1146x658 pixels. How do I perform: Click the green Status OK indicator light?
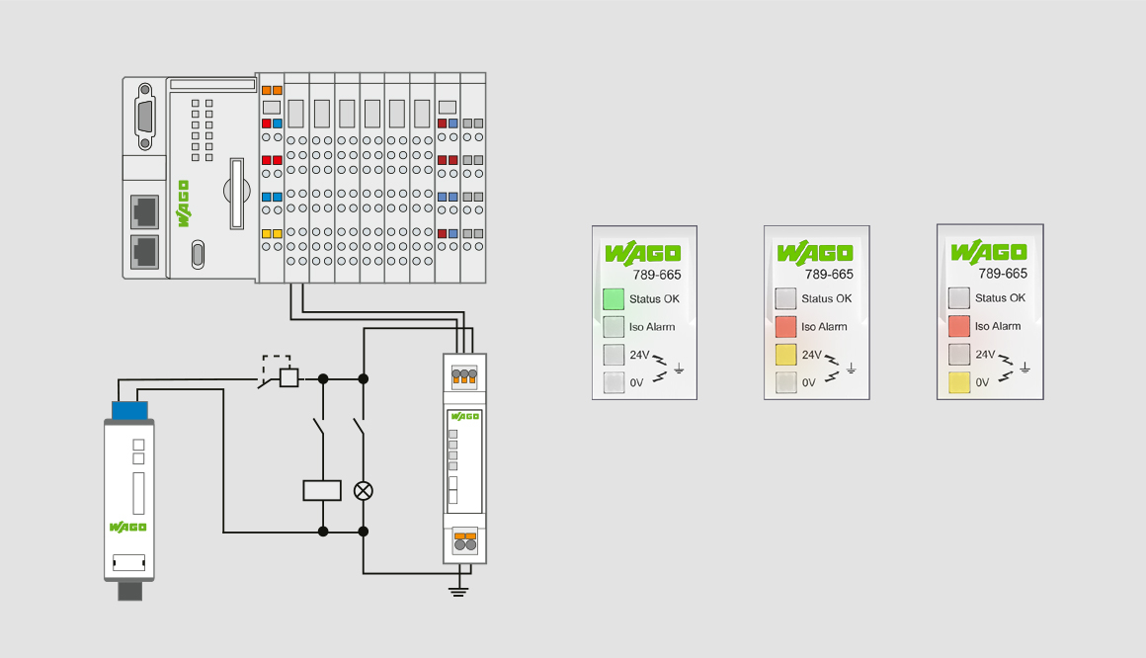(614, 299)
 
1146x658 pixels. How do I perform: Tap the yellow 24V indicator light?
(785, 355)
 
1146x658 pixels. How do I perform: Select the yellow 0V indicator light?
(959, 382)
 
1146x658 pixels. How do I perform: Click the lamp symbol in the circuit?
(364, 491)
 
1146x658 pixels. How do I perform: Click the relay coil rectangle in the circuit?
(322, 491)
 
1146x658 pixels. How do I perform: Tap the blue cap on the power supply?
(129, 410)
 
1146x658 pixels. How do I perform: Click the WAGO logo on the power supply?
(127, 528)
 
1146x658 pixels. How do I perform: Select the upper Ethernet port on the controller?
(144, 212)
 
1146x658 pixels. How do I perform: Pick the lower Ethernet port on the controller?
(144, 252)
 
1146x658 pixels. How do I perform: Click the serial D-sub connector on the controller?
(144, 117)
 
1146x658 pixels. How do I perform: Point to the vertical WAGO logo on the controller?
(183, 204)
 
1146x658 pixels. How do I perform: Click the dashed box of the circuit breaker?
(277, 366)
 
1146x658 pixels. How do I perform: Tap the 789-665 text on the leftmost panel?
(657, 275)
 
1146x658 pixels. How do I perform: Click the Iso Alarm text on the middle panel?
(824, 327)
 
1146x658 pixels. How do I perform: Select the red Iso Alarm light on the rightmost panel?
(959, 326)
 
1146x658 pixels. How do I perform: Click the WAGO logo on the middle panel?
(815, 252)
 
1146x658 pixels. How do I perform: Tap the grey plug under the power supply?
(130, 591)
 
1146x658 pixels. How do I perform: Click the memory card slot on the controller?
(237, 194)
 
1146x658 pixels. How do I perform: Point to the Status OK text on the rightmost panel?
(1000, 297)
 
